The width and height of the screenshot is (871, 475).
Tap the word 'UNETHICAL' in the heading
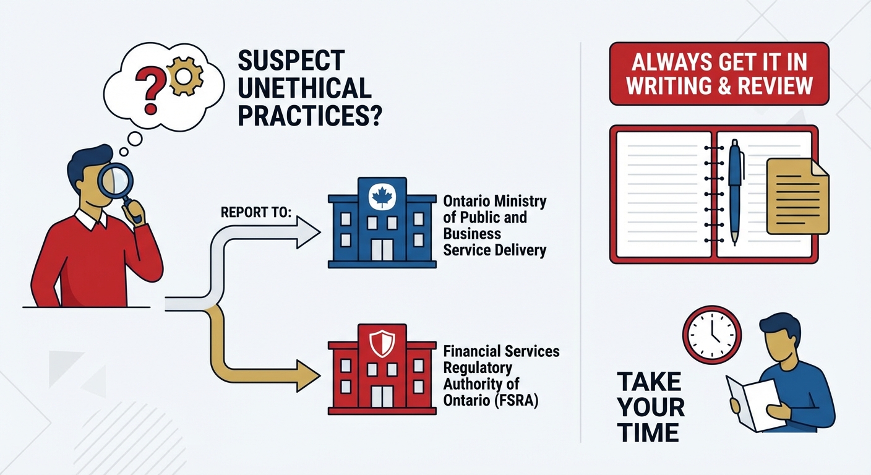(x=304, y=88)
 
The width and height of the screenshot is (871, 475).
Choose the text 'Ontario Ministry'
(x=494, y=202)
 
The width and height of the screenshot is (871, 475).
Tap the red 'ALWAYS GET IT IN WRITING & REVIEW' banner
(x=719, y=74)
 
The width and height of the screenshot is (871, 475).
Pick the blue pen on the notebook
(x=735, y=189)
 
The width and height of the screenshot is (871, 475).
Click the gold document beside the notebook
(x=797, y=196)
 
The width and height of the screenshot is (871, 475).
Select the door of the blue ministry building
(x=382, y=249)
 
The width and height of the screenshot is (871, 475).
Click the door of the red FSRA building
(x=382, y=396)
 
